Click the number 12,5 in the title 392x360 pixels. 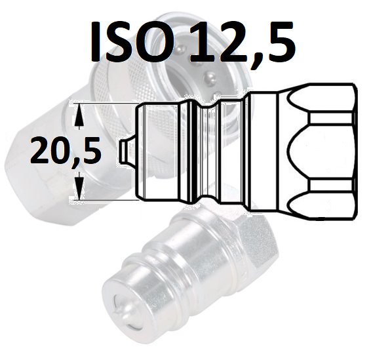242,43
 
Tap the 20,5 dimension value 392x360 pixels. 66,151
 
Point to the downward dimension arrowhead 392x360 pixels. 79,185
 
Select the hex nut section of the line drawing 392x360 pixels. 318,151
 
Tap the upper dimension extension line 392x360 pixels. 104,103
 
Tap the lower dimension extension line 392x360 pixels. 104,200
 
